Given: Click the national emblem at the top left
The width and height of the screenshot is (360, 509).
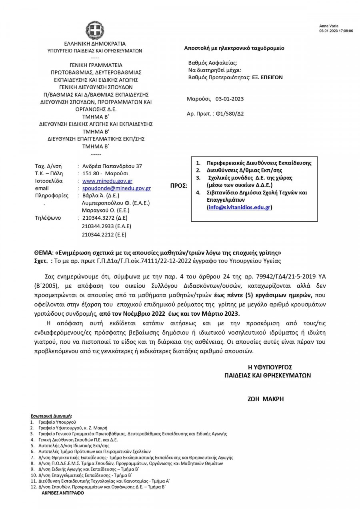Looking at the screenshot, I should [94, 30].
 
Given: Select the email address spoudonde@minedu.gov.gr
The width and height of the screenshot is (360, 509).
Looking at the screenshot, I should [116, 188].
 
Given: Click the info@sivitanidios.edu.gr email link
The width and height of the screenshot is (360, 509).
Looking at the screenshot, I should [240, 207].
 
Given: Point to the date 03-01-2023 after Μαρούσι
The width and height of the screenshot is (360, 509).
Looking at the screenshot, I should [230, 99].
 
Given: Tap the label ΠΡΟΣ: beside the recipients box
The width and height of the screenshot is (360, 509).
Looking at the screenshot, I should [179, 186].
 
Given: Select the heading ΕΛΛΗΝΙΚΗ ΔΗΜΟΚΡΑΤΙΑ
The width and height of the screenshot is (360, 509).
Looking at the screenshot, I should [94, 44].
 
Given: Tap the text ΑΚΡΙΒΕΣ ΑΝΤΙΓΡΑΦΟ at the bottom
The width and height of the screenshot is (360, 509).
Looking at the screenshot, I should [63, 493].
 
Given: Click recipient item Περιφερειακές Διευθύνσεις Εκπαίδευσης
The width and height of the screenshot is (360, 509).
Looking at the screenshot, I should [259, 163].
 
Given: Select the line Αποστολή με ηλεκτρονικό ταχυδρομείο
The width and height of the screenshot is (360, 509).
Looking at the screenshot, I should [234, 48].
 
